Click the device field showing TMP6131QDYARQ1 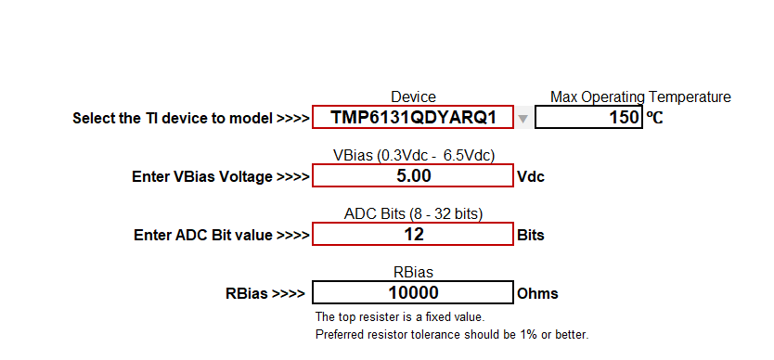(413, 118)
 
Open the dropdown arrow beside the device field (523, 118)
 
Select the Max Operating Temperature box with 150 (588, 118)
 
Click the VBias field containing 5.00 (413, 176)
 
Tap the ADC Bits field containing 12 (413, 235)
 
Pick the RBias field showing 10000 (413, 293)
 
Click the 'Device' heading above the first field (413, 97)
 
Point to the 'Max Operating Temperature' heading (640, 97)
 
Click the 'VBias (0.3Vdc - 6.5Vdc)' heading (413, 155)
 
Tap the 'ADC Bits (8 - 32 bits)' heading (413, 214)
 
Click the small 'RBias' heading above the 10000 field (413, 273)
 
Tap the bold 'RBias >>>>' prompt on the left (264, 294)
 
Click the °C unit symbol (654, 119)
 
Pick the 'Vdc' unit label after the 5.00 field (530, 177)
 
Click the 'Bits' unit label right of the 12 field (530, 236)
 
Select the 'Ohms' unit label (537, 294)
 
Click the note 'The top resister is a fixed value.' (400, 317)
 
